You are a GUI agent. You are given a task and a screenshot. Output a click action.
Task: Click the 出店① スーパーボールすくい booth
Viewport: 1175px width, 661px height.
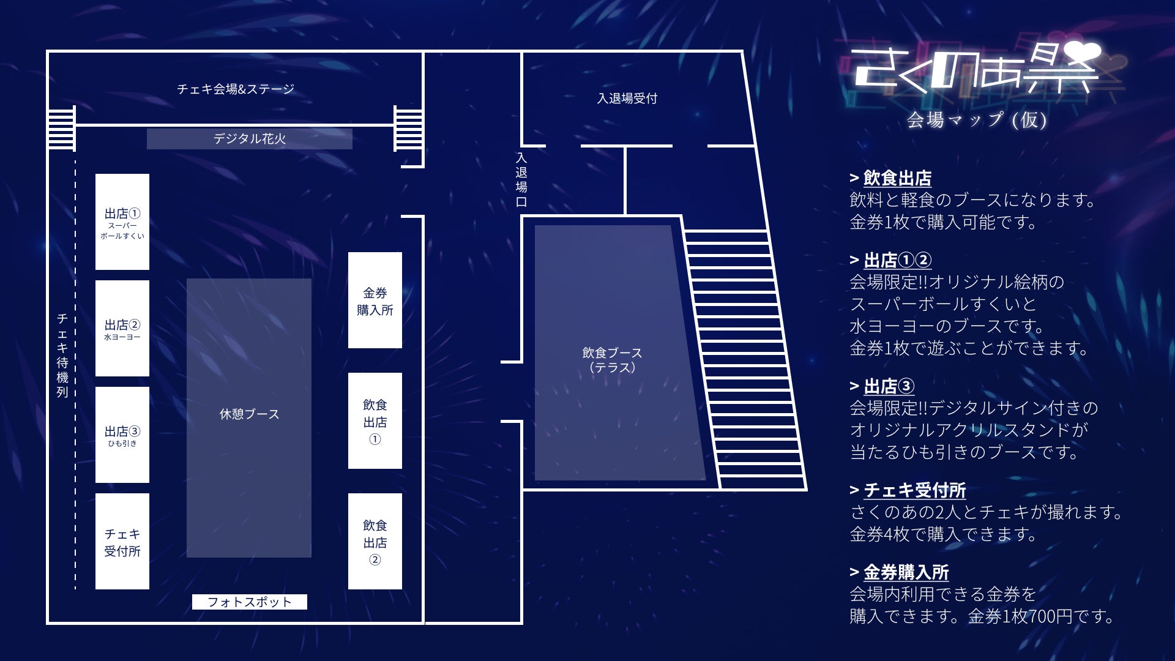click(x=122, y=222)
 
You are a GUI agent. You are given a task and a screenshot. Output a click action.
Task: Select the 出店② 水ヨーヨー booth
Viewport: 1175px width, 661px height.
click(x=122, y=328)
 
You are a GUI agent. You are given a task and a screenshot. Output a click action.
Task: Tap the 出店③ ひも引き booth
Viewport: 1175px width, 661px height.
click(x=122, y=435)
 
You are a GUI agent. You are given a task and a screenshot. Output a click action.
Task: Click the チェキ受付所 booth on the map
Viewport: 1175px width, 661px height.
click(x=122, y=542)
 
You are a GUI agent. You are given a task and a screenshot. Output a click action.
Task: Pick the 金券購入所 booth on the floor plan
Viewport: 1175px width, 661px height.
click(x=375, y=301)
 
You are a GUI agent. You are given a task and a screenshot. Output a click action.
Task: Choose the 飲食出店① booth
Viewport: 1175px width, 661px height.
click(x=375, y=421)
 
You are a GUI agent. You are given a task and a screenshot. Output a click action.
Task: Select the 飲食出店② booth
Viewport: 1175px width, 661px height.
click(x=375, y=542)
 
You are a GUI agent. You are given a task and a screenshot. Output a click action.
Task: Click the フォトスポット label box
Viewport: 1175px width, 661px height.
click(x=249, y=602)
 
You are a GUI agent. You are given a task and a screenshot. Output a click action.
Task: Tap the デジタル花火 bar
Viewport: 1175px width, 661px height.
click(x=249, y=139)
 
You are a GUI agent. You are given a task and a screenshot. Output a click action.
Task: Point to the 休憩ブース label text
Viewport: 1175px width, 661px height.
click(x=249, y=414)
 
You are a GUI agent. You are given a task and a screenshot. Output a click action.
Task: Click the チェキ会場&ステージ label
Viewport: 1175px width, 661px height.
click(x=236, y=89)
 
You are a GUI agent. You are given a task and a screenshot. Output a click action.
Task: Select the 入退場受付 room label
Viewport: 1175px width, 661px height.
click(x=627, y=99)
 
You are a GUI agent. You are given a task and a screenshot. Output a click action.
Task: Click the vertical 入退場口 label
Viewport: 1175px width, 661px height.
click(x=521, y=180)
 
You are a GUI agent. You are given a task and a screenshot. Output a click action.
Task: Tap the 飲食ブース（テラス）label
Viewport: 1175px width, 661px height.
click(x=612, y=360)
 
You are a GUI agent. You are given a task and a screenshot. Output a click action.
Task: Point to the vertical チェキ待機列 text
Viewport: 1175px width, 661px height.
click(x=62, y=355)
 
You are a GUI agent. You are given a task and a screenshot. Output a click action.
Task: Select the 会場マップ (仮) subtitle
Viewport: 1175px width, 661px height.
click(x=976, y=119)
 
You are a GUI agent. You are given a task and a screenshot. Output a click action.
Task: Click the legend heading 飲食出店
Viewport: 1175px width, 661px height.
click(x=897, y=179)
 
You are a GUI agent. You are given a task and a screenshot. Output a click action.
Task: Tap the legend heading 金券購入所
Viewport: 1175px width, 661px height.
click(x=906, y=573)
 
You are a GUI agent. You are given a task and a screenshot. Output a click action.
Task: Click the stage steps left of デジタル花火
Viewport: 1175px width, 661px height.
click(x=61, y=127)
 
